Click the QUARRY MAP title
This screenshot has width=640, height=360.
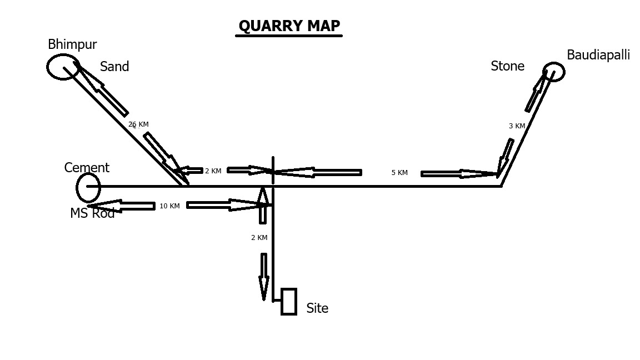289,26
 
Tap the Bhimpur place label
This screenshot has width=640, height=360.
72,44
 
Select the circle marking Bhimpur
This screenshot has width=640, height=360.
62,67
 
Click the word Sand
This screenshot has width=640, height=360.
114,67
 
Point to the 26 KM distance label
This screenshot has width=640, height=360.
138,124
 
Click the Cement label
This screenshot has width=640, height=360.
87,168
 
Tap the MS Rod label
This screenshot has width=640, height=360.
92,213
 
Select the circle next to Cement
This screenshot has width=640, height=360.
88,187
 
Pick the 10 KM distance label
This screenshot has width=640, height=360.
169,206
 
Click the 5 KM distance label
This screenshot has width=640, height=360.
399,173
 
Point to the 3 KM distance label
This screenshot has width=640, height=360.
517,126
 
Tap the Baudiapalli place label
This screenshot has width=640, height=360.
598,55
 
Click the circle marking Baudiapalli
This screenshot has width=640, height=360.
553,72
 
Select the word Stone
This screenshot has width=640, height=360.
507,67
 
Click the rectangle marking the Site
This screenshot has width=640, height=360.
289,302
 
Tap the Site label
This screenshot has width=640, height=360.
317,308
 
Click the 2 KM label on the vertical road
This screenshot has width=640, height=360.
259,238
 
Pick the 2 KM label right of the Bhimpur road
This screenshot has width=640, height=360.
213,171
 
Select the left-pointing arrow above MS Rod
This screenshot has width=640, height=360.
122,206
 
